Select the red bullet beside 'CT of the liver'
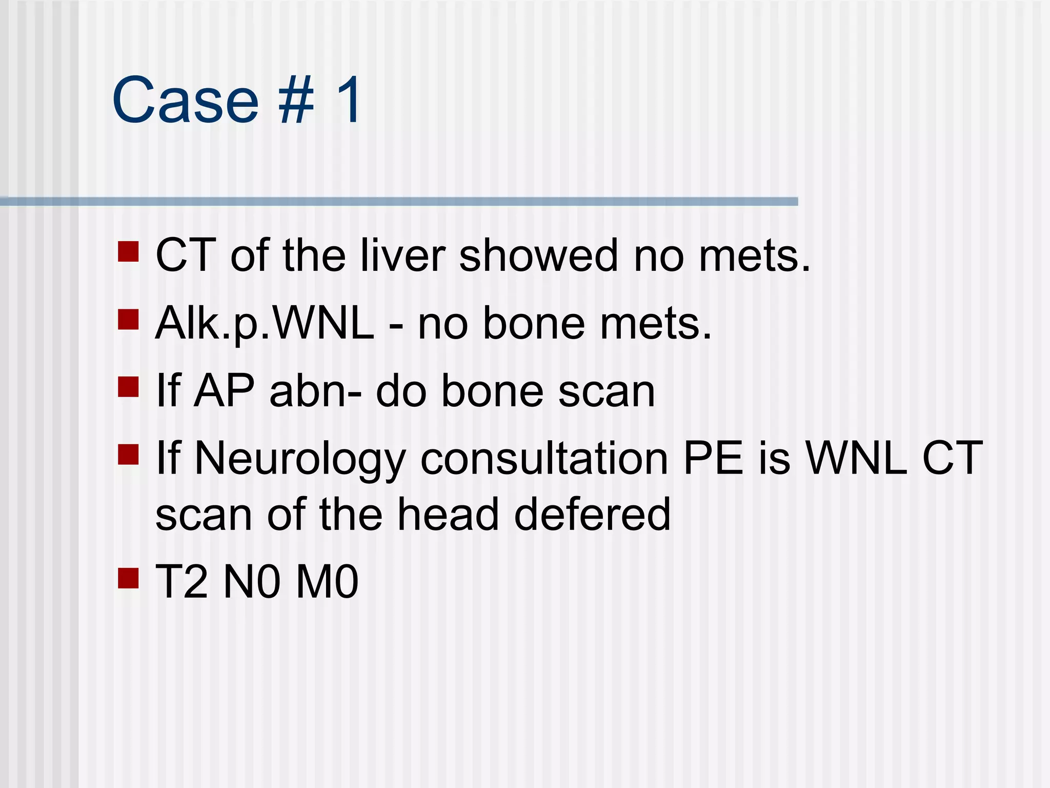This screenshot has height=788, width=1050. click(x=128, y=252)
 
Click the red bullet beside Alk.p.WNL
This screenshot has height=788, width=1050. click(x=128, y=319)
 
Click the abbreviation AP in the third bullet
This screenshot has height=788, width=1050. click(x=224, y=391)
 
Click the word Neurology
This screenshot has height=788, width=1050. click(x=300, y=460)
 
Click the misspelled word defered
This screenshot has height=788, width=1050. click(x=592, y=514)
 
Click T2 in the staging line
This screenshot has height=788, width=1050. click(x=182, y=582)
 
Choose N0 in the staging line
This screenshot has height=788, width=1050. click(x=252, y=582)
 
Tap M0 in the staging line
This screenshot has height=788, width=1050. click(x=327, y=582)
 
